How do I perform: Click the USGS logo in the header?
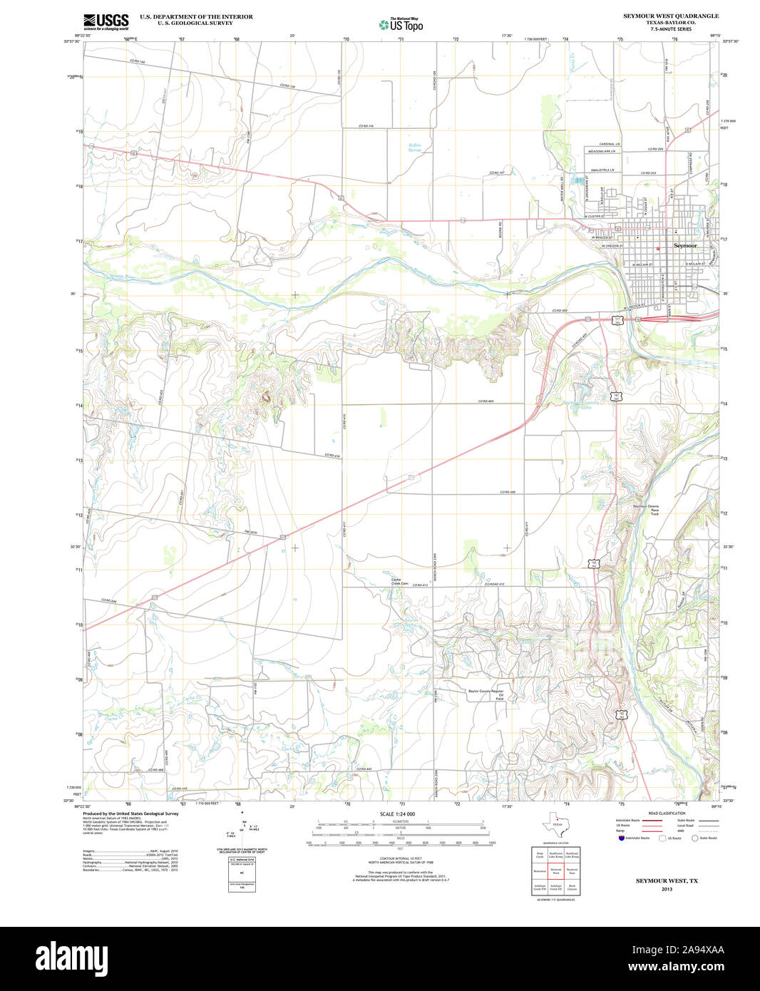tap(106, 21)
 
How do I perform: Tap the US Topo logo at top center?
tap(401, 24)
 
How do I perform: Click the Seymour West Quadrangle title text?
tap(661, 16)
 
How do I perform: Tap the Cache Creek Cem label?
tap(399, 582)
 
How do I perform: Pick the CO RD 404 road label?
tap(486, 401)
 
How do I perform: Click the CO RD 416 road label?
tap(332, 455)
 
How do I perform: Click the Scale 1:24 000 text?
tap(397, 813)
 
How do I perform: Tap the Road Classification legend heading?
tap(667, 813)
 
